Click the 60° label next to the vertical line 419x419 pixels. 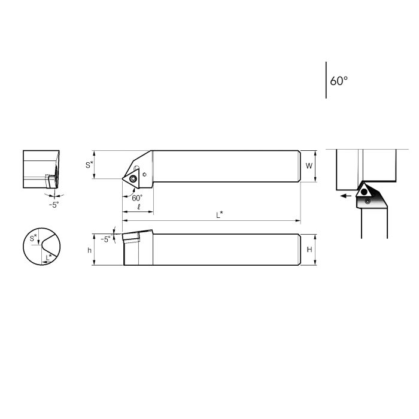point(339,81)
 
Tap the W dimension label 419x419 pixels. point(309,165)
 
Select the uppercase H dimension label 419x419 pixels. point(309,250)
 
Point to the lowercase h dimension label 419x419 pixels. point(90,250)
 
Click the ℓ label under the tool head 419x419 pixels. point(138,207)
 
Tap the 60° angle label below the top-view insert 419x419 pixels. point(138,198)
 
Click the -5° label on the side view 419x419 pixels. point(106,239)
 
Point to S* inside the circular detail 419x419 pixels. point(34,238)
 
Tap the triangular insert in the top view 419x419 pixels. point(131,177)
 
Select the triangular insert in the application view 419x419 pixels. point(363,192)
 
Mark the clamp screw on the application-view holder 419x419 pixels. point(368,202)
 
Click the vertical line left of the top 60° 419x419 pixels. point(326,80)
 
